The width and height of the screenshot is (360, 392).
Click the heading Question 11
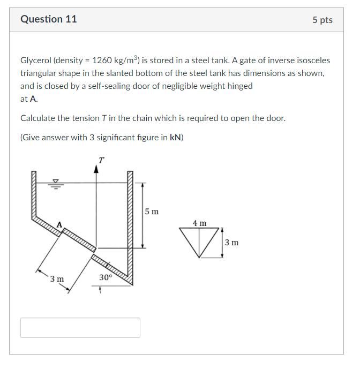(49, 19)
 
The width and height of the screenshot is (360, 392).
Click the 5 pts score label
(322, 20)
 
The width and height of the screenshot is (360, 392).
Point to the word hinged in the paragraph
(239, 86)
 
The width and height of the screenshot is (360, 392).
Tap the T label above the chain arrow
(101, 160)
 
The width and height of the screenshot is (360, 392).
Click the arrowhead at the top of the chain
(96, 169)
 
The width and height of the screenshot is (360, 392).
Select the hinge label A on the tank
(59, 224)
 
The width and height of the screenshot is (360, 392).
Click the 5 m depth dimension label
(152, 212)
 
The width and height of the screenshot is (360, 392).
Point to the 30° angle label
(106, 277)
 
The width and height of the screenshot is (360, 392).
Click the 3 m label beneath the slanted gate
(57, 279)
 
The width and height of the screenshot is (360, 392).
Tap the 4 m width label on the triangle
(200, 222)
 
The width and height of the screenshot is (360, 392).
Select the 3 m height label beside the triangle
(231, 243)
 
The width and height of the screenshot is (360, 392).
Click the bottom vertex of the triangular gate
(200, 258)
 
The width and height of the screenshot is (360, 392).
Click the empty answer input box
(80, 328)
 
